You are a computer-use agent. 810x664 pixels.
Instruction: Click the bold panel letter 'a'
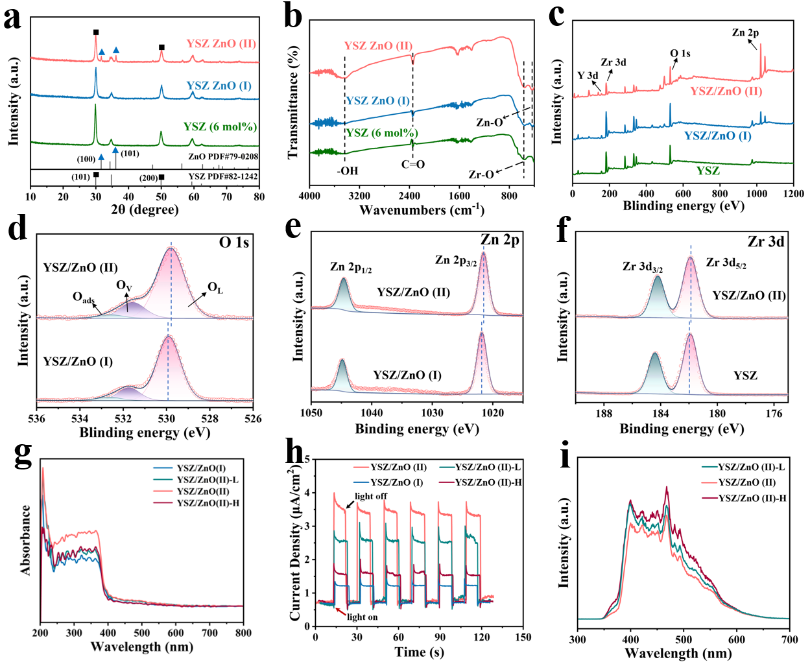pos(12,18)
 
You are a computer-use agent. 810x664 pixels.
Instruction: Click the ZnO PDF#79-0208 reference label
pos(222,156)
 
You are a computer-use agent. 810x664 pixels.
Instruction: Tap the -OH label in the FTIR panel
pos(347,171)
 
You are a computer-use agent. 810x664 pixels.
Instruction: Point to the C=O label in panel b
pos(412,164)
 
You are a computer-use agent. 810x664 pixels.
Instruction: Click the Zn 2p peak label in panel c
pos(745,32)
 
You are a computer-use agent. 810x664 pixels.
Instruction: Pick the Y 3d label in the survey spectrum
pos(588,75)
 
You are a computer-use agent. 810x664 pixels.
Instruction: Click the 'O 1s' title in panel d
pos(233,243)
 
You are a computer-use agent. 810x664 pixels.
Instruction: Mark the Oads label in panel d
pos(84,298)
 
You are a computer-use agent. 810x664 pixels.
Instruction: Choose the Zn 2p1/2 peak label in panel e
pos(350,267)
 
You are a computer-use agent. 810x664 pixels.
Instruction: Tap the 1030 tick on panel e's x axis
pos(432,412)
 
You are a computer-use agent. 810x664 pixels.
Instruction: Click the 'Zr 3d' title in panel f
pos(765,242)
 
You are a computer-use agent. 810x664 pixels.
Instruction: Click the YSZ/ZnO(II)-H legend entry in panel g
pos(208,503)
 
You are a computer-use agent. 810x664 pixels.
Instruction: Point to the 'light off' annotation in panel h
pos(371,496)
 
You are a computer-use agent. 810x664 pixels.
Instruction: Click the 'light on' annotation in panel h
pos(362,617)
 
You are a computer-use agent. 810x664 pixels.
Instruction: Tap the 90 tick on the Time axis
pos(440,637)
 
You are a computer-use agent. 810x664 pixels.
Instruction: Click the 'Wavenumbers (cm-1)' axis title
pos(422,209)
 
